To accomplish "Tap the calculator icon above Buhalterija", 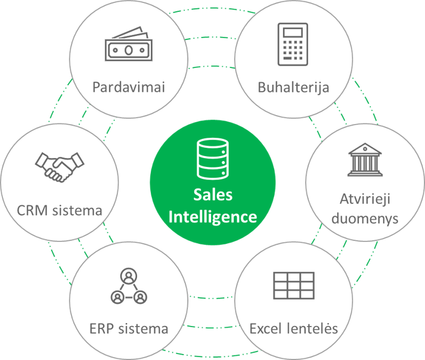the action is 293,44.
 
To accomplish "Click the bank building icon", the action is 365,160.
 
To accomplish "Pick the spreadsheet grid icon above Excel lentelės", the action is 294,285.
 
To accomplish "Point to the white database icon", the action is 212,159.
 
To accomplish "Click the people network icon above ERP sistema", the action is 129,286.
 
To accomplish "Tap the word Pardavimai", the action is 129,87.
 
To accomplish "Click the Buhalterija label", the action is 293,88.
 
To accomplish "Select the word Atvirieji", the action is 365,200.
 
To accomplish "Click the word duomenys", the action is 365,219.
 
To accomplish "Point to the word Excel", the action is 265,328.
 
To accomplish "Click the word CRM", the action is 32,210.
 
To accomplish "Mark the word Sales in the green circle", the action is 213,195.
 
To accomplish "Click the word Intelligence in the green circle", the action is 213,217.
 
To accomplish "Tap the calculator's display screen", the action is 293,32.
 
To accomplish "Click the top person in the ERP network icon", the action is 129,276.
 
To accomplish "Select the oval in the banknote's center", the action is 129,50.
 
